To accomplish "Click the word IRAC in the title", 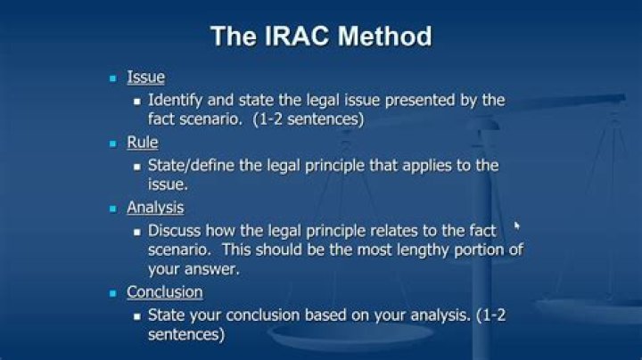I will (x=293, y=37).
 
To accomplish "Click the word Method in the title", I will (x=383, y=37).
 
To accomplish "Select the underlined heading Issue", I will (x=145, y=78).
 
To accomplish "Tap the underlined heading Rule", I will (x=143, y=143).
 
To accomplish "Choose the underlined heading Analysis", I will (x=155, y=208).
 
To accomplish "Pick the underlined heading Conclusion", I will (x=165, y=292).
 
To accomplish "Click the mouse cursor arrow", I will (x=517, y=226).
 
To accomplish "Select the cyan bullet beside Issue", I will (x=112, y=78).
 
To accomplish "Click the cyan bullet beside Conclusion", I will (x=112, y=293).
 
